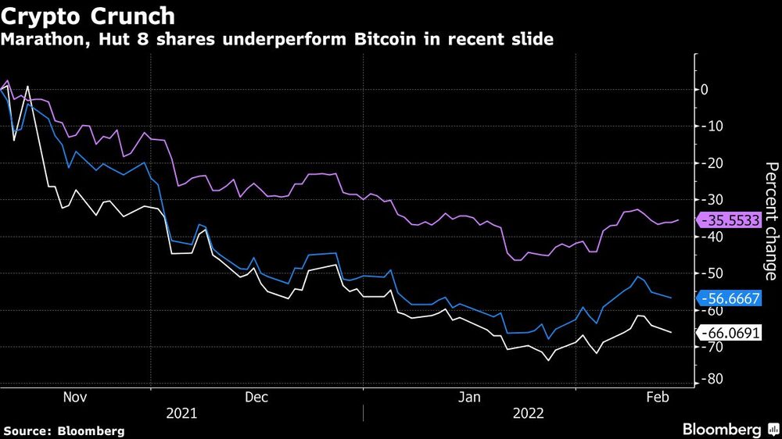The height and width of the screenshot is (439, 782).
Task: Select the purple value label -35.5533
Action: point(731,221)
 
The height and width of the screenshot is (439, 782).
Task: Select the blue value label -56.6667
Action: point(731,298)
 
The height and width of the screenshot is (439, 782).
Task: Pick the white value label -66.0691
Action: point(731,334)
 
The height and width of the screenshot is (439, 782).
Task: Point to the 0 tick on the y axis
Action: point(705,90)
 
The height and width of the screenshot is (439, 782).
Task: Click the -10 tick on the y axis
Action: point(708,126)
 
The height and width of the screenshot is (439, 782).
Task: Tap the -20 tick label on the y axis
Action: point(708,162)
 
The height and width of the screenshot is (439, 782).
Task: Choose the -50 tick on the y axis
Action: point(708,273)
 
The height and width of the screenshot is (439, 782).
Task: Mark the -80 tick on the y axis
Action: point(708,380)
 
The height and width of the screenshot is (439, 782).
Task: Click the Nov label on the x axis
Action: point(74,397)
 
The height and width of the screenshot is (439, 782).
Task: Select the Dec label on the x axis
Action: point(256,397)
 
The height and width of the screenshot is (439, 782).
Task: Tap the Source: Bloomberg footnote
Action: point(64,430)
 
